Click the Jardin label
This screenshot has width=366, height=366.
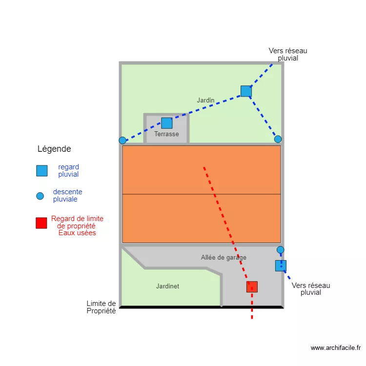pyautogui.click(x=205, y=100)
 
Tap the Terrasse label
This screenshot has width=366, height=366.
pyautogui.click(x=166, y=134)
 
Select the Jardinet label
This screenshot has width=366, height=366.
pyautogui.click(x=167, y=286)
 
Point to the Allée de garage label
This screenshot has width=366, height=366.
pyautogui.click(x=224, y=257)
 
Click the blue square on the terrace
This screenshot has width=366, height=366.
pyautogui.click(x=166, y=123)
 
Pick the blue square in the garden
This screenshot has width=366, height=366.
pyautogui.click(x=246, y=91)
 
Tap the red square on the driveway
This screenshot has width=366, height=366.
pyautogui.click(x=252, y=286)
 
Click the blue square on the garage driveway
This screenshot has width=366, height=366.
pyautogui.click(x=281, y=265)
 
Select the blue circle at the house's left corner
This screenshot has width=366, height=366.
pyautogui.click(x=122, y=140)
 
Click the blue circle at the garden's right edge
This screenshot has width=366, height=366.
pyautogui.click(x=278, y=139)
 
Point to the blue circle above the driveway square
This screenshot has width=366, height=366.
pyautogui.click(x=280, y=250)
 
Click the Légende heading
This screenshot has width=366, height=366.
pyautogui.click(x=54, y=149)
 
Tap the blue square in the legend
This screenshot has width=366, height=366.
pyautogui.click(x=42, y=171)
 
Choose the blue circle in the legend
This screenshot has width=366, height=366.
pyautogui.click(x=40, y=196)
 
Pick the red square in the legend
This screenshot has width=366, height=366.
pyautogui.click(x=41, y=223)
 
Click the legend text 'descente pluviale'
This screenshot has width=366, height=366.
pyautogui.click(x=67, y=195)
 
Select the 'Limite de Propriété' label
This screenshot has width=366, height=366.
pyautogui.click(x=101, y=307)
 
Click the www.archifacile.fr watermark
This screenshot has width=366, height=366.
pyautogui.click(x=335, y=348)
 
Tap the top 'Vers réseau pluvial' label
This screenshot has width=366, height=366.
pyautogui.click(x=288, y=54)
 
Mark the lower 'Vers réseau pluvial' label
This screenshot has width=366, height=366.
pyautogui.click(x=311, y=289)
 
